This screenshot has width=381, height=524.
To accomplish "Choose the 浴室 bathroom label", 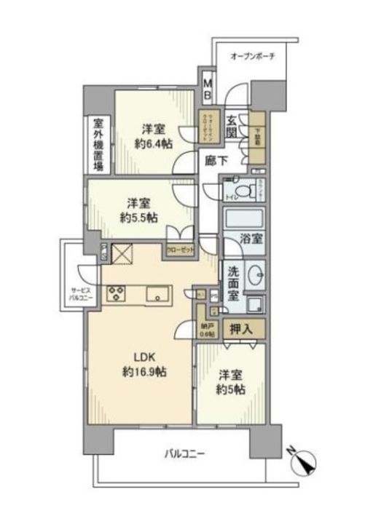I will [x=251, y=239].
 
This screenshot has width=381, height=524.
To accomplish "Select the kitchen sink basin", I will [x=157, y=294].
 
